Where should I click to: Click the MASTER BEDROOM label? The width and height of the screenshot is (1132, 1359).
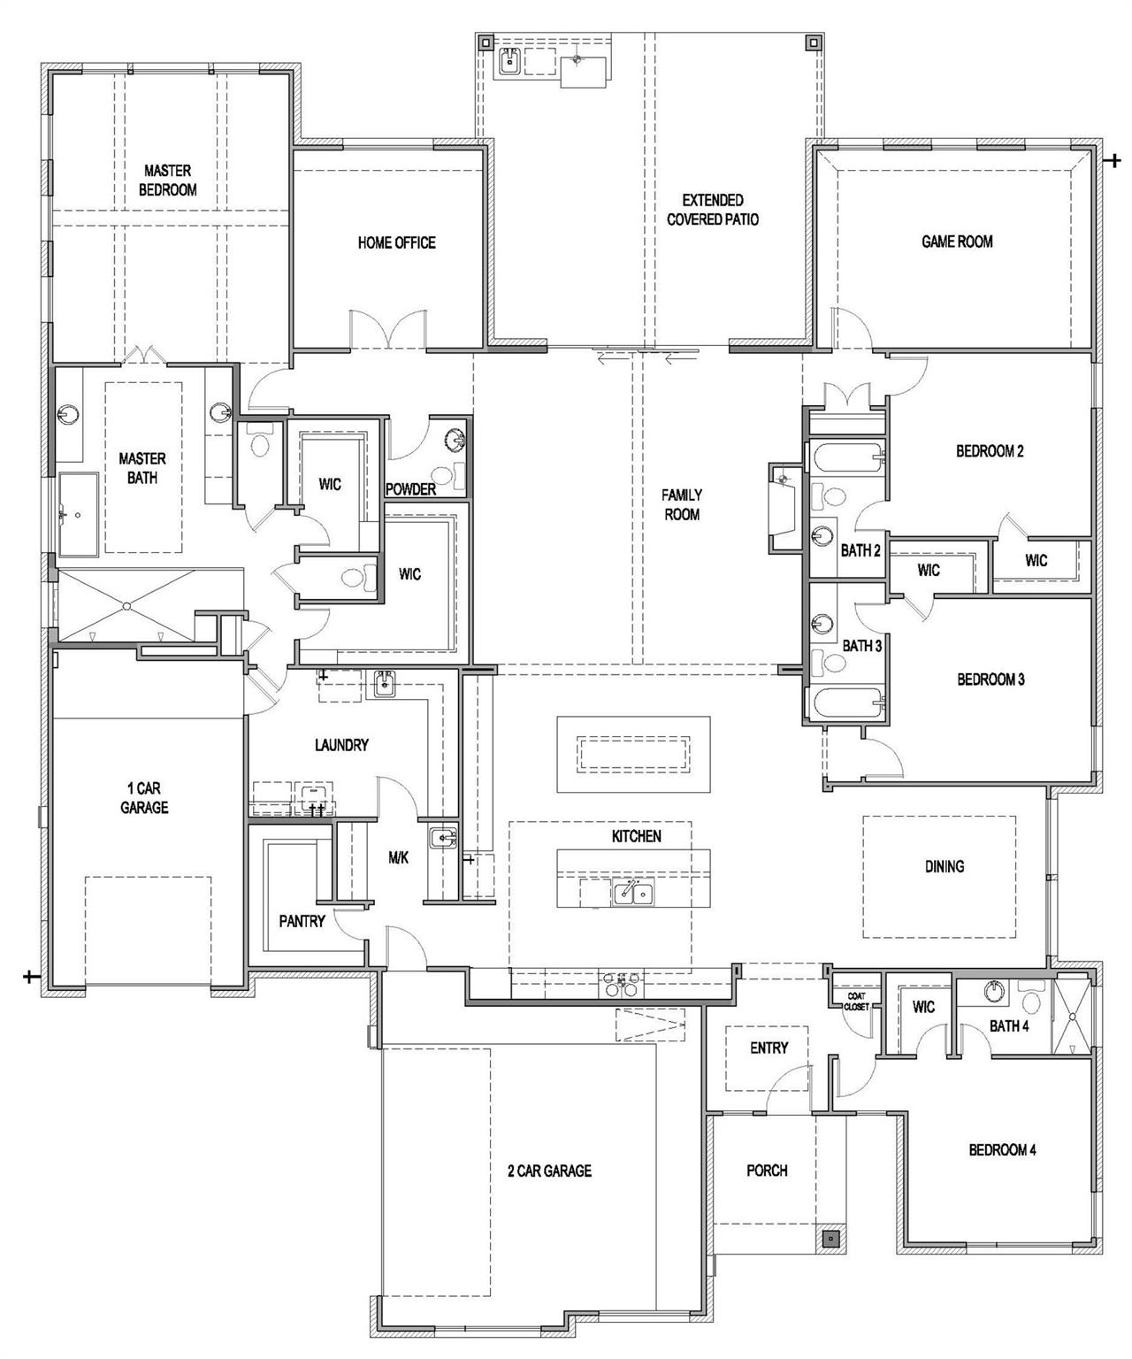[167, 180]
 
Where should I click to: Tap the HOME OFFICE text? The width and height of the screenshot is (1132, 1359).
[396, 242]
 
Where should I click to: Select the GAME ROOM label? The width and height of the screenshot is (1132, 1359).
[957, 241]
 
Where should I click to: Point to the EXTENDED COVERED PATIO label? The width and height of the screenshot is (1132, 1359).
[712, 210]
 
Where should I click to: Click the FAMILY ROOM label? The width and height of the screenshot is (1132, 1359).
[682, 504]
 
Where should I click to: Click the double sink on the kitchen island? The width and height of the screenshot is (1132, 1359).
[633, 894]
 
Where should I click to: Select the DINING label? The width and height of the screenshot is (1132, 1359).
[944, 866]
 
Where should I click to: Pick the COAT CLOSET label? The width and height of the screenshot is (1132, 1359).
[855, 1001]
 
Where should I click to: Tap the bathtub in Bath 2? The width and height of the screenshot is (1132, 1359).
[845, 457]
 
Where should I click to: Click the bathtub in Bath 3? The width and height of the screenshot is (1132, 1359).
[845, 705]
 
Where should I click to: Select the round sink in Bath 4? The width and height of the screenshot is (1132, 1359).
[995, 992]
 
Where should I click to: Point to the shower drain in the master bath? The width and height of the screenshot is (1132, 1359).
[127, 605]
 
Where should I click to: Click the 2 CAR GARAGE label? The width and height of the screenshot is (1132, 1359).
[549, 1171]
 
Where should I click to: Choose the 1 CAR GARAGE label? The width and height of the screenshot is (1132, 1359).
[144, 797]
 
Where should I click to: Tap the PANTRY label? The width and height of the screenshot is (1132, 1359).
[302, 921]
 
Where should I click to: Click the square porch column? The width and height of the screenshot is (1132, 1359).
[830, 1240]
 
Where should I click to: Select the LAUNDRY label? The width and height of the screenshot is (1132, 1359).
[341, 745]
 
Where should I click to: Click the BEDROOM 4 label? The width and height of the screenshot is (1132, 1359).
[1002, 1149]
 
